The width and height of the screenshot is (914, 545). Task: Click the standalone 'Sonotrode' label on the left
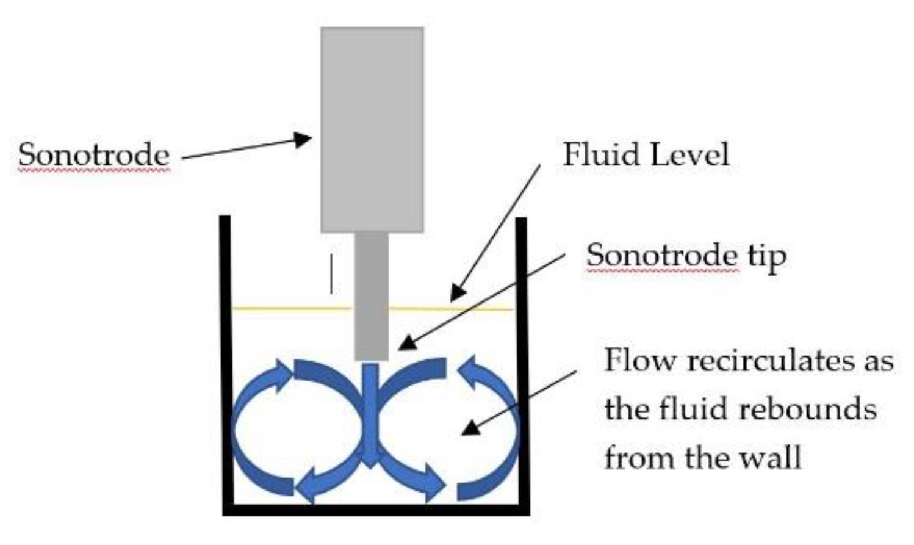click(x=93, y=154)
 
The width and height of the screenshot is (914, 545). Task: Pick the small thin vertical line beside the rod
click(x=331, y=274)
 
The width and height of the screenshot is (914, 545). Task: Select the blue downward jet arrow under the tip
click(x=370, y=421)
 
